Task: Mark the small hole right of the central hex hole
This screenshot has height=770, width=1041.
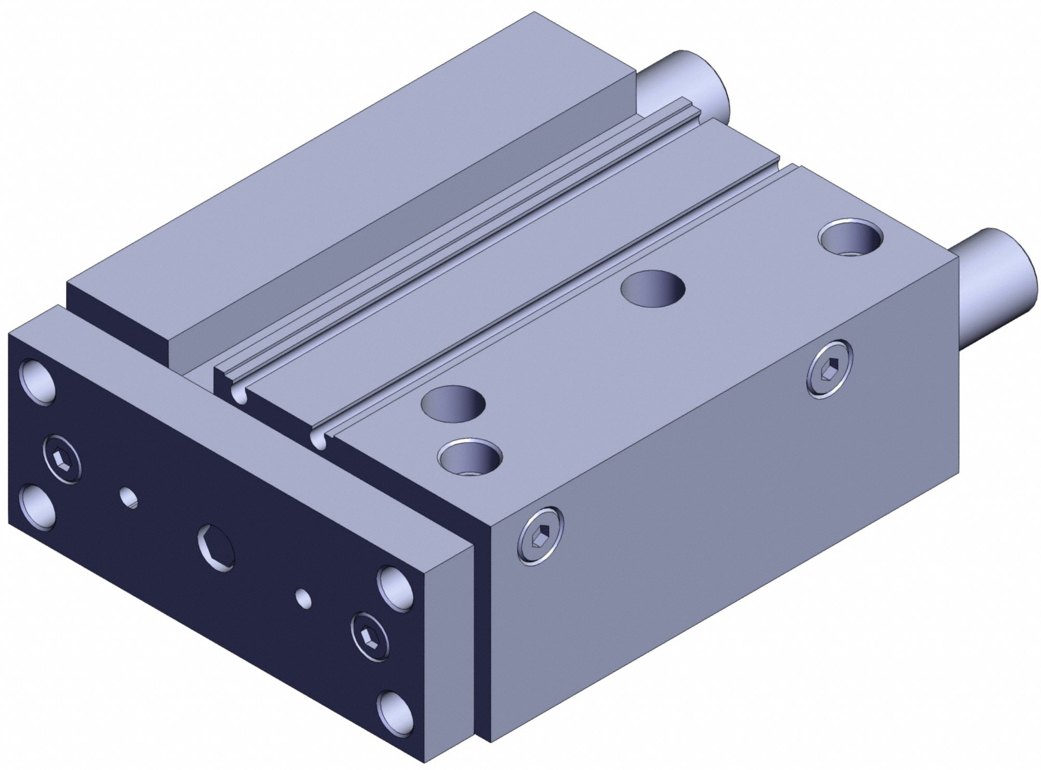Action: (x=303, y=598)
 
